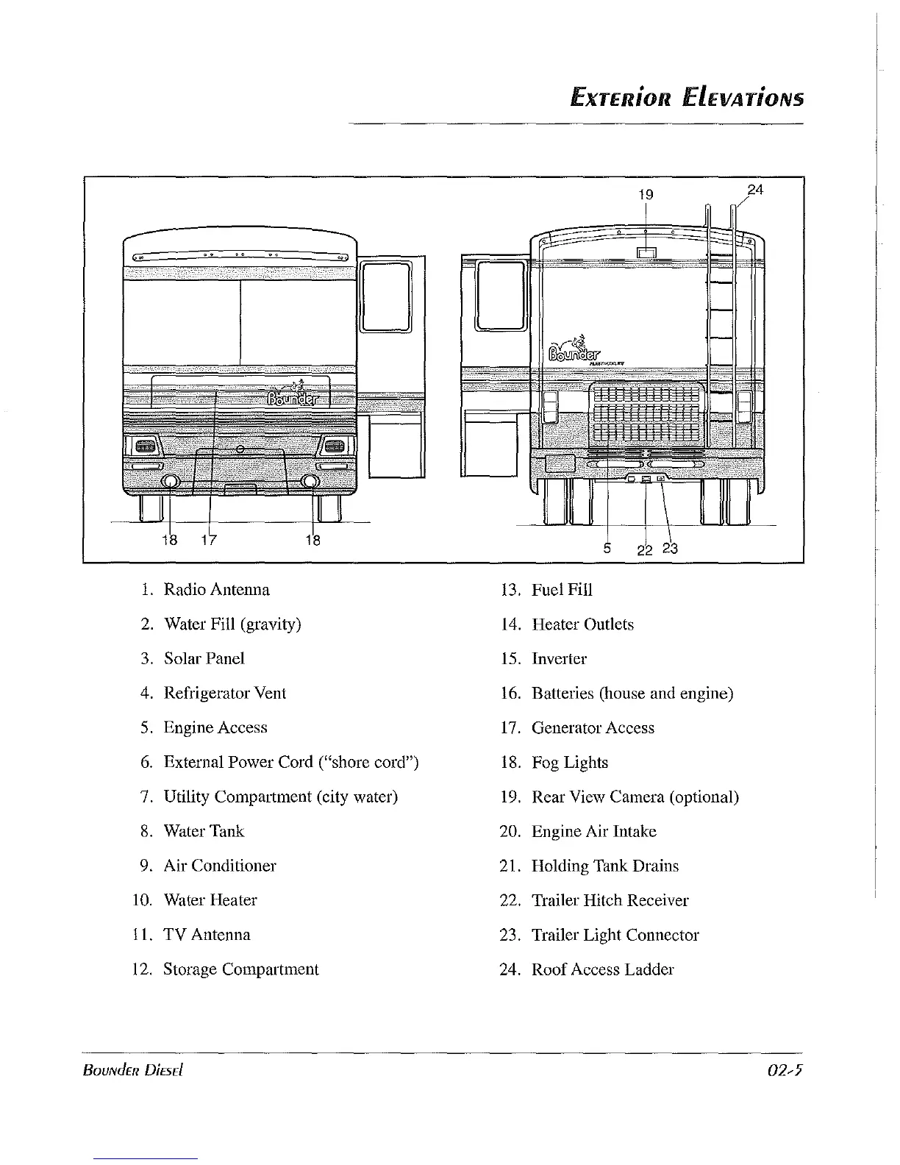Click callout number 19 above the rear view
coord(646,195)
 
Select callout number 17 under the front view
coord(209,540)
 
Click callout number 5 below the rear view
coord(607,547)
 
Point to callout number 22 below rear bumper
coord(645,549)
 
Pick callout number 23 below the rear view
coord(669,548)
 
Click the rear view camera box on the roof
coord(646,253)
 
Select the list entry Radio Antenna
coord(216,590)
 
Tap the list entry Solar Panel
coord(204,659)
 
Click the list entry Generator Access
coord(593,728)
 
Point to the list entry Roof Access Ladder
coord(602,969)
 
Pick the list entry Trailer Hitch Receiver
coord(610,900)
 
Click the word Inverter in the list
coord(559,659)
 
